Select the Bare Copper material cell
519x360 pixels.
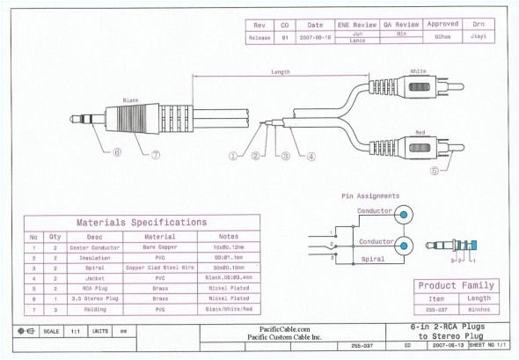(x=159, y=249)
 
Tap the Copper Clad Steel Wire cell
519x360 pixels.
(x=159, y=268)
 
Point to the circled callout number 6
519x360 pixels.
(x=116, y=152)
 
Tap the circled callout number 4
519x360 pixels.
(x=311, y=157)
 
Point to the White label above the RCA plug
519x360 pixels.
(x=419, y=71)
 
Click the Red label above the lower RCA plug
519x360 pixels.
(x=420, y=132)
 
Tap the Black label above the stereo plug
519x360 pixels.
(x=131, y=100)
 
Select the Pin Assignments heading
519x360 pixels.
(x=369, y=195)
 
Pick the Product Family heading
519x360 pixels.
(x=456, y=285)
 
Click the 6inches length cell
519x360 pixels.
(x=479, y=310)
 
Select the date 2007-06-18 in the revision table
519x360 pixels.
(x=313, y=38)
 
